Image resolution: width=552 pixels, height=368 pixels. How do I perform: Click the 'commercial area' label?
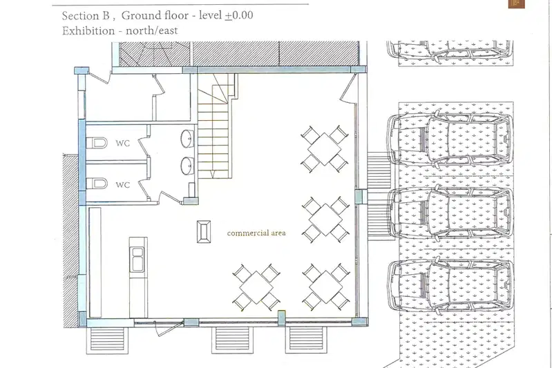[256, 233]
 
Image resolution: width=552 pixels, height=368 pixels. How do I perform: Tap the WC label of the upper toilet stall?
[122, 143]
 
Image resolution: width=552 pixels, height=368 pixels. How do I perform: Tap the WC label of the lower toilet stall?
[122, 185]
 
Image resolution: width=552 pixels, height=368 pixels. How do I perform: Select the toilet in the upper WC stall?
[97, 143]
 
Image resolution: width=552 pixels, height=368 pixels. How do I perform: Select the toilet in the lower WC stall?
[97, 184]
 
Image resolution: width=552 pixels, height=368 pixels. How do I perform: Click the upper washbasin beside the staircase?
[187, 139]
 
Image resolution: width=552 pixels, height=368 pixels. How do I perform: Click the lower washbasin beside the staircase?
[187, 166]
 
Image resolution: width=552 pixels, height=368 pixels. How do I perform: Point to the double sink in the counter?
[137, 260]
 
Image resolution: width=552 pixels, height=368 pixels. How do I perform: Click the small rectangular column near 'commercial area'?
[204, 231]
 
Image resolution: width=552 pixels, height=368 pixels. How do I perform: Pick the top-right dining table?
[324, 149]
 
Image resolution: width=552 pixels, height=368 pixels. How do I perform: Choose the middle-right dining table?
[325, 220]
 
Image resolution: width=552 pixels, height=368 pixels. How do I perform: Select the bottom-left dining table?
[256, 287]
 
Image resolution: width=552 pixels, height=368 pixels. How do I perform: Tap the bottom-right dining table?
[326, 287]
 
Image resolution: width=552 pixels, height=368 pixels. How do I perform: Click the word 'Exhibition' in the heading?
[88, 31]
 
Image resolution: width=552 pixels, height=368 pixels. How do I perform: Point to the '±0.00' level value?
[238, 15]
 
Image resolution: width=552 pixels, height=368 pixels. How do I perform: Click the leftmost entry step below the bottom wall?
[107, 340]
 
